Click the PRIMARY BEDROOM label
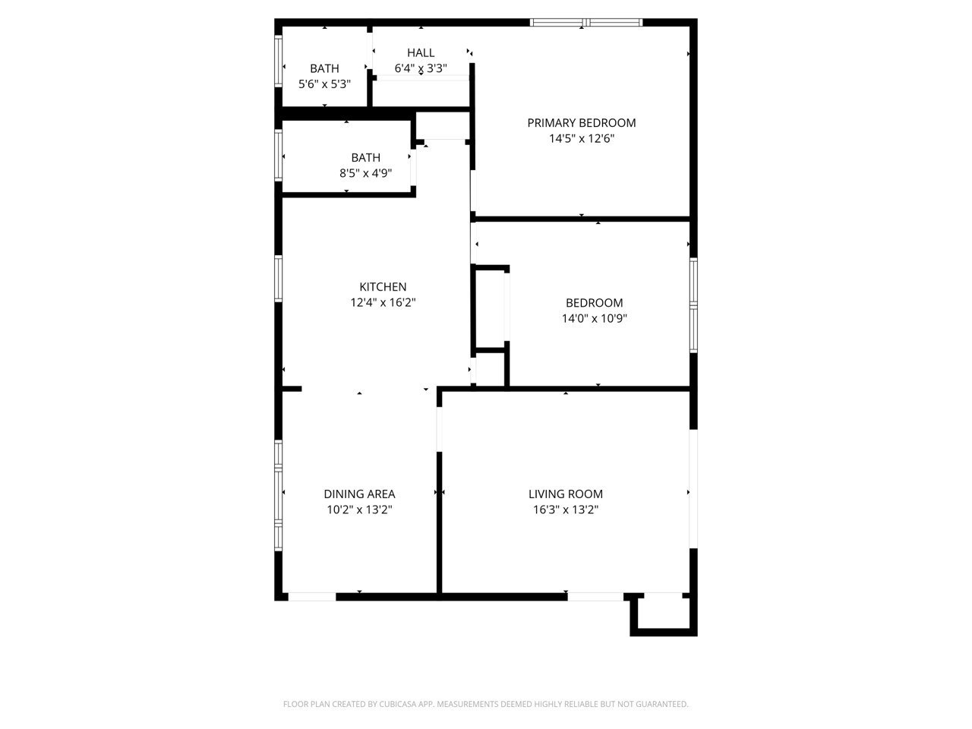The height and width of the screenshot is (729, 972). pyautogui.click(x=582, y=123)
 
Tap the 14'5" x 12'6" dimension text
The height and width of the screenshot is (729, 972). pyautogui.click(x=582, y=139)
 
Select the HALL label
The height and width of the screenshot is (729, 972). pyautogui.click(x=421, y=52)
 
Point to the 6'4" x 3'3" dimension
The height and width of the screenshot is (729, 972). pyautogui.click(x=421, y=68)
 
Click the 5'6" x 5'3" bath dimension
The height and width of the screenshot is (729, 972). pyautogui.click(x=324, y=84)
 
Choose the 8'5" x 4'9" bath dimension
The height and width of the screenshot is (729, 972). pyautogui.click(x=365, y=173)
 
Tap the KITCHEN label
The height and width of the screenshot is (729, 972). pyautogui.click(x=383, y=287)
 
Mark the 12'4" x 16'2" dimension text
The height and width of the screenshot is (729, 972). pyautogui.click(x=383, y=302)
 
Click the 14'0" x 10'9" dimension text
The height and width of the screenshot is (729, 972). pyautogui.click(x=594, y=319)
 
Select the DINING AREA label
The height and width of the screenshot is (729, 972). pyautogui.click(x=359, y=494)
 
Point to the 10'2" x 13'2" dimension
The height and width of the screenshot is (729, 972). pyautogui.click(x=359, y=510)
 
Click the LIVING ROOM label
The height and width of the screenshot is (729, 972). pyautogui.click(x=566, y=494)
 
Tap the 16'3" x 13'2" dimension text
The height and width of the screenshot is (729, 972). pyautogui.click(x=566, y=510)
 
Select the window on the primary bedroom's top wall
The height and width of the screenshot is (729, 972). pyautogui.click(x=586, y=23)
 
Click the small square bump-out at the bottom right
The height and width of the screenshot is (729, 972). pyautogui.click(x=663, y=614)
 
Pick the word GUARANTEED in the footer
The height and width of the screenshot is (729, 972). pyautogui.click(x=662, y=705)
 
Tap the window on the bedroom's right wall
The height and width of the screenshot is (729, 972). pyautogui.click(x=693, y=305)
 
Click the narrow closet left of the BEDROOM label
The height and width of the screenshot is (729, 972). pyautogui.click(x=490, y=307)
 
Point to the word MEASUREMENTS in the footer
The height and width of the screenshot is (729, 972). pyautogui.click(x=467, y=705)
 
